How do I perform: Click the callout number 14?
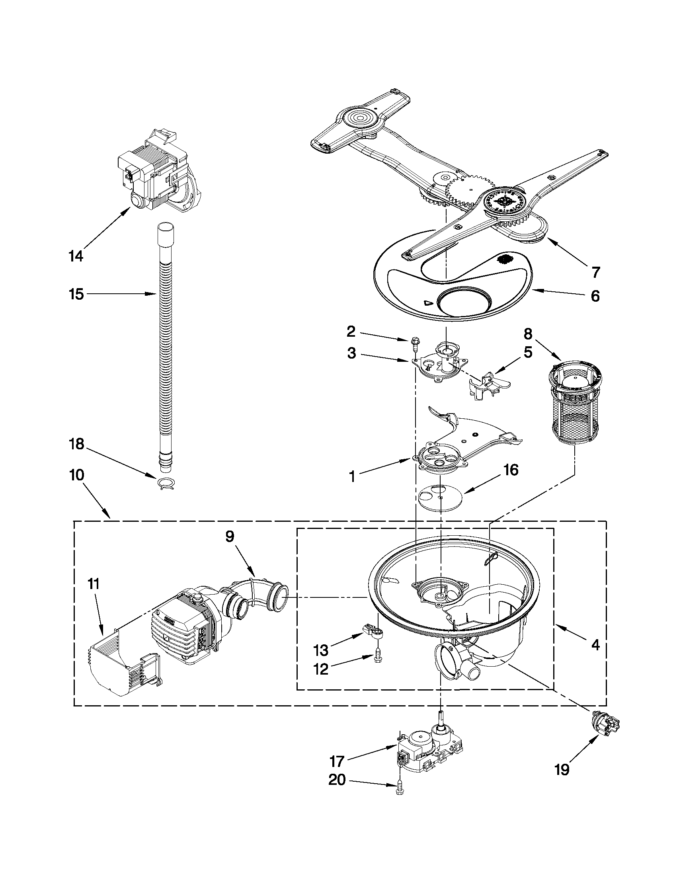[x=76, y=256]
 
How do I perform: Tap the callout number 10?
[x=76, y=475]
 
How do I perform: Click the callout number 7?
[x=595, y=272]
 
